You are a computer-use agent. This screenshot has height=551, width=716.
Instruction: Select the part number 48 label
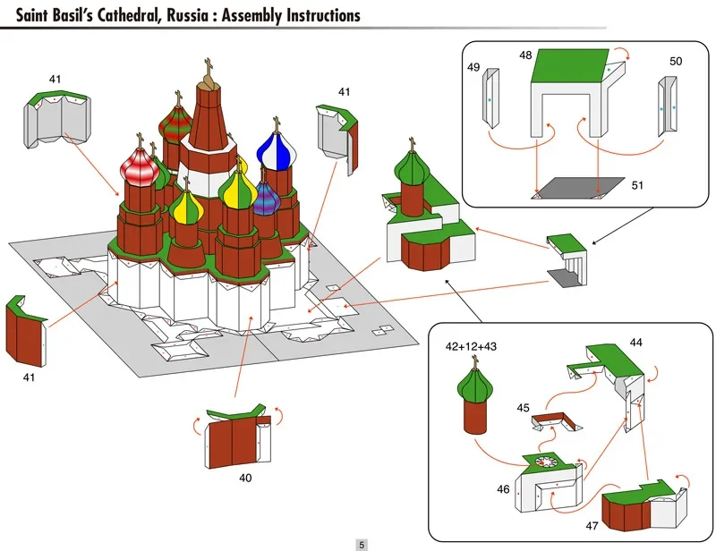coord(525,55)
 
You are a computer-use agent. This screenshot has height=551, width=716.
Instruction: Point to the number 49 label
coord(473,67)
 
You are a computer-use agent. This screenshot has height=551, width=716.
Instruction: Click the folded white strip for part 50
coord(667,106)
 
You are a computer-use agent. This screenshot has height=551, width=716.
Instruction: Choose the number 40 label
coord(245,478)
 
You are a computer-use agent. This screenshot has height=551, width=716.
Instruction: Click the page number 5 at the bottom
coord(362,544)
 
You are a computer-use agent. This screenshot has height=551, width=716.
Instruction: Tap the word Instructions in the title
coord(314,15)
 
